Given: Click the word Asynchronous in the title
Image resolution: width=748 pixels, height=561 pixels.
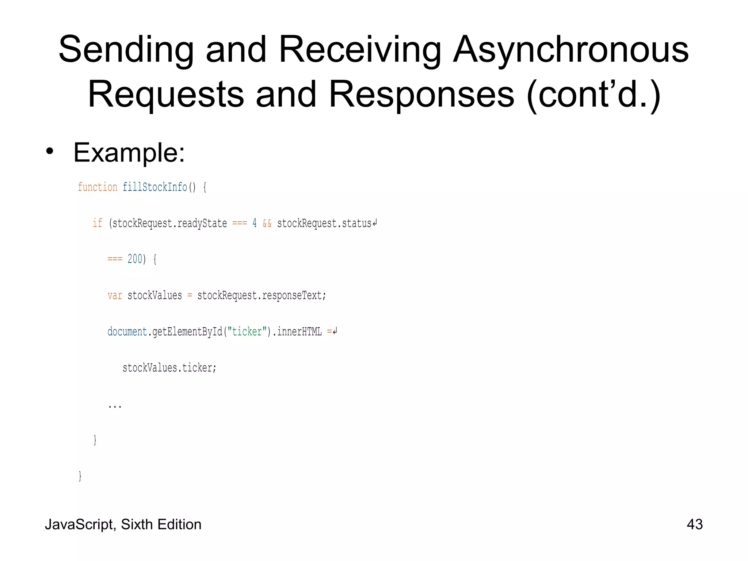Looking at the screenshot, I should [570, 50].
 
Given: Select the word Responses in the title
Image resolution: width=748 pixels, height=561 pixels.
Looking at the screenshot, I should [421, 95].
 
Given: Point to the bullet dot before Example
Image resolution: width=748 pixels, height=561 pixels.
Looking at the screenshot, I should [50, 152].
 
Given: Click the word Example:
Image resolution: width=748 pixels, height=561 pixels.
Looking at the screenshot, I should [129, 153].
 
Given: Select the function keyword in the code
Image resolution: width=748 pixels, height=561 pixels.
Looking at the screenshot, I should [98, 187].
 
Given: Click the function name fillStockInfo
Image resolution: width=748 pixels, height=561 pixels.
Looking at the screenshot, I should [155, 187].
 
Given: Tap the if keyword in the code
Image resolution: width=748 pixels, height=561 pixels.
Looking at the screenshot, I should [98, 223].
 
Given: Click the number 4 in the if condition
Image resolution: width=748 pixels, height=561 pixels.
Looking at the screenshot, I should [255, 223].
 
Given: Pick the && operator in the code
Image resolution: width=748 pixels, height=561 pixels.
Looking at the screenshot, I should [267, 223].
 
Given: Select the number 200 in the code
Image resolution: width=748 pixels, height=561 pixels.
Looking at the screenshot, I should [135, 259].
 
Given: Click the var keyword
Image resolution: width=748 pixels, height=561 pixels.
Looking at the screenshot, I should [115, 295].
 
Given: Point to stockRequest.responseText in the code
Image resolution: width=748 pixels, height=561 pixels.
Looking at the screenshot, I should [261, 295].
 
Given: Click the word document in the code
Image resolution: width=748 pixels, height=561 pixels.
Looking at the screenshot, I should [127, 331].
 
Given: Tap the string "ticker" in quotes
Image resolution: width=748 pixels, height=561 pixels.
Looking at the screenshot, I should [247, 331].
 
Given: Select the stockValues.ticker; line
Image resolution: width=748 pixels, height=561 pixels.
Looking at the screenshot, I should [169, 367].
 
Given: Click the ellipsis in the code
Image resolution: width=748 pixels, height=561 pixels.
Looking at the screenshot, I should [115, 406].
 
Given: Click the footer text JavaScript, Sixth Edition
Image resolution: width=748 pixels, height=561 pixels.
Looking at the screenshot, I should [123, 524].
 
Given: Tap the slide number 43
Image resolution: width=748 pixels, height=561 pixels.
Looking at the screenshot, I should [694, 524].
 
